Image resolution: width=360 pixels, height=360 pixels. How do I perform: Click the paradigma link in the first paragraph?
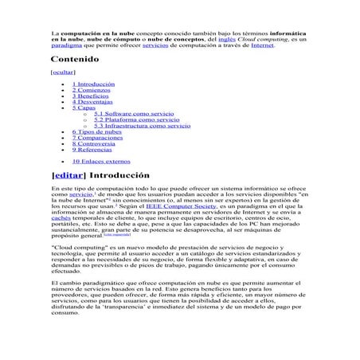click(65, 45)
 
